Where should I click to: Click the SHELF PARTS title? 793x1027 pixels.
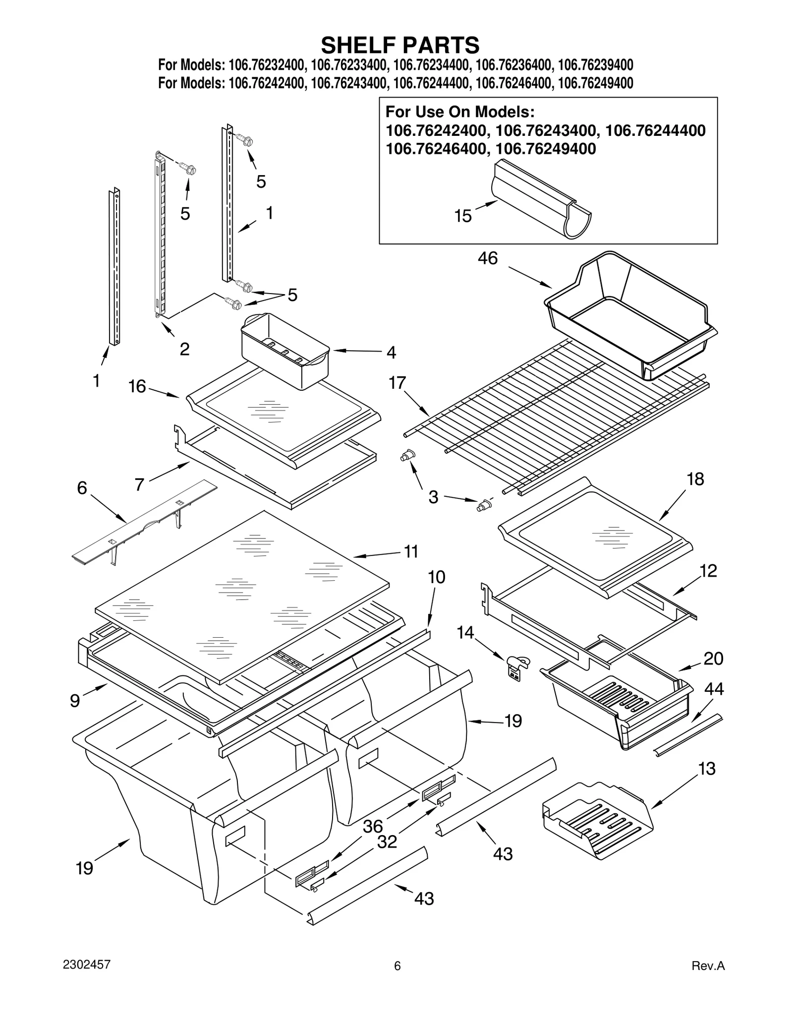point(400,45)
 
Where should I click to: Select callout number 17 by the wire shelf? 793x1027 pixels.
point(397,383)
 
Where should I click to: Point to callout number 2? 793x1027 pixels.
point(184,350)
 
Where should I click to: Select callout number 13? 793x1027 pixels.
point(707,769)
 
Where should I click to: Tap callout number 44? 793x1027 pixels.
point(714,689)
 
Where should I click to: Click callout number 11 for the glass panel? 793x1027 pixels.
point(411,551)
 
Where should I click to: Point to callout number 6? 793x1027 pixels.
point(82,488)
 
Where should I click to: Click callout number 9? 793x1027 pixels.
point(74,701)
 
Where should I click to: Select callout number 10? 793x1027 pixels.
point(437,577)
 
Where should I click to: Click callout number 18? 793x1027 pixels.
point(695,480)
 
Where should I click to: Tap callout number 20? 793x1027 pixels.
point(713,659)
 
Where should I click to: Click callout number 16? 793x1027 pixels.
point(137,386)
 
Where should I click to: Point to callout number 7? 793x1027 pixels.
point(139,484)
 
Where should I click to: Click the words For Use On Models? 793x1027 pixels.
point(459,111)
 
